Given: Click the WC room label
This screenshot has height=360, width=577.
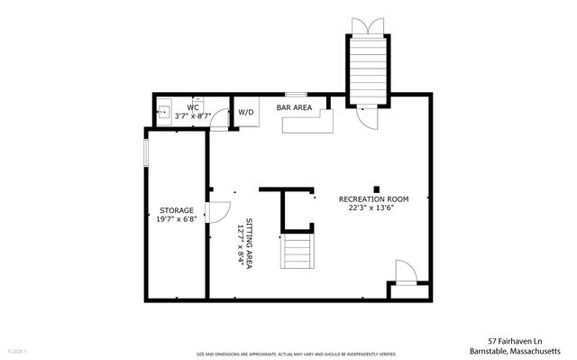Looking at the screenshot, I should (193, 107).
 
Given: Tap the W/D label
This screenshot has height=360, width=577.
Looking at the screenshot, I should (245, 113).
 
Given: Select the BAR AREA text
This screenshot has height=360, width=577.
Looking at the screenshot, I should (294, 107).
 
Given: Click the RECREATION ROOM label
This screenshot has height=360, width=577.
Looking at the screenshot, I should (373, 198).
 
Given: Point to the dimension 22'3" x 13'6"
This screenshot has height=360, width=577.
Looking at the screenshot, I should (373, 208).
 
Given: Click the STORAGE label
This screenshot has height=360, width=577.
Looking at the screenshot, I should (177, 210).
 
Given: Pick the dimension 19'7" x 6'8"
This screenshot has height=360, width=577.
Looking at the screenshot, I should (177, 219).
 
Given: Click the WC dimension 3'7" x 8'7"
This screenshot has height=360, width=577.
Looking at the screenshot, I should (193, 116).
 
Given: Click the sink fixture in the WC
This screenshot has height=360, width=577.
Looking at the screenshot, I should (163, 113).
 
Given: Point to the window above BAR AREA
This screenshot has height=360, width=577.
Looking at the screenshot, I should (294, 94).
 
